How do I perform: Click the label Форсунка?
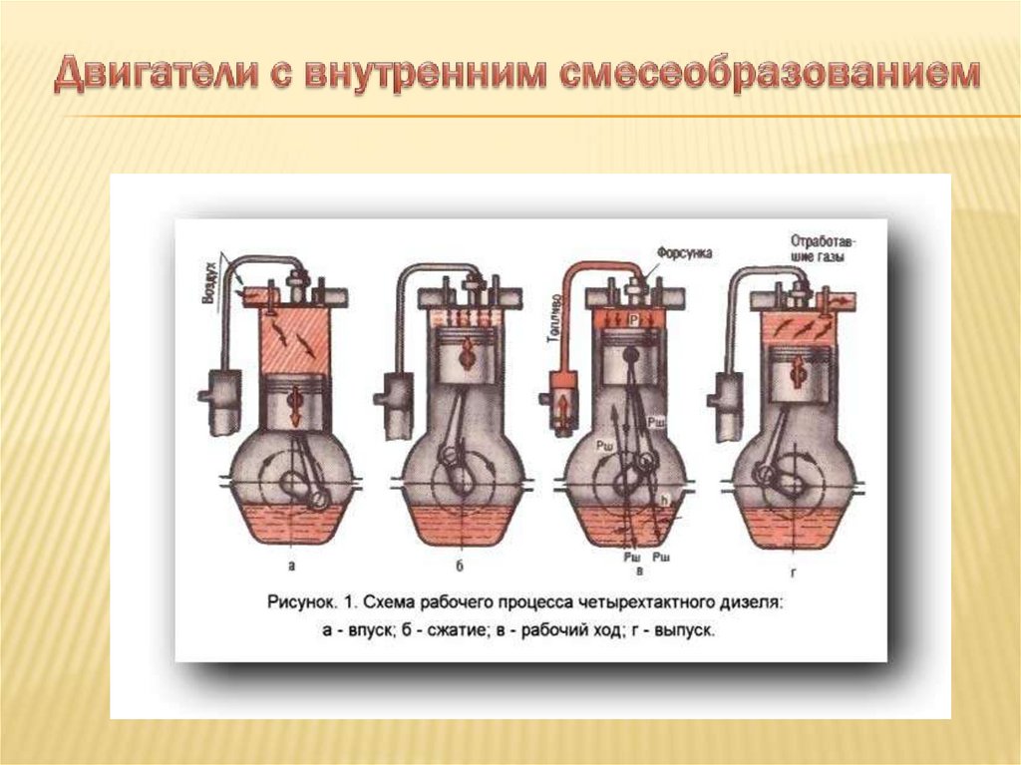click(x=684, y=253)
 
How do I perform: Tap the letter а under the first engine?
click(x=291, y=566)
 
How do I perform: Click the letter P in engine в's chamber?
click(x=633, y=318)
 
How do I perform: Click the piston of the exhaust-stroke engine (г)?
click(x=799, y=373)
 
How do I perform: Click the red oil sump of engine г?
click(x=794, y=523)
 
